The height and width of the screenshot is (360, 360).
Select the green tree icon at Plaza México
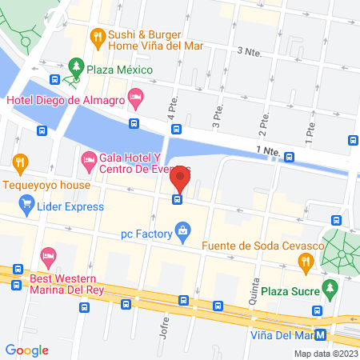76,65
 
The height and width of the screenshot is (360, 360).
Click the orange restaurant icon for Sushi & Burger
97,35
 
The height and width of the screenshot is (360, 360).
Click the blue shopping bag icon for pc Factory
184,234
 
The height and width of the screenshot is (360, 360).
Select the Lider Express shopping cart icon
28,206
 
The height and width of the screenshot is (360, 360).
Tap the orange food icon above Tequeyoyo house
20,162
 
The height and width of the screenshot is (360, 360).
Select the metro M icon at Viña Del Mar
320,335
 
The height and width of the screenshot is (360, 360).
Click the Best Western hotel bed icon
47,257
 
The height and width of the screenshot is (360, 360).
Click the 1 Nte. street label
266,150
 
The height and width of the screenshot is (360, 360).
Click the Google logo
27,350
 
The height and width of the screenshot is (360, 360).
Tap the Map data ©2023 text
326,353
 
